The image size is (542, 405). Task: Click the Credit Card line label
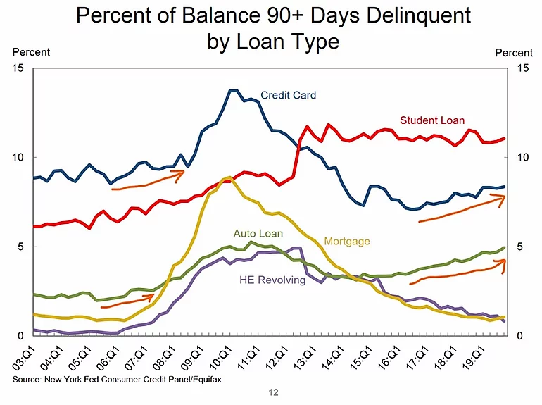click(288, 95)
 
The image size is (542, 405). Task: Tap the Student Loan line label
click(432, 120)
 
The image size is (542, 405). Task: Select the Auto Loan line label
click(258, 234)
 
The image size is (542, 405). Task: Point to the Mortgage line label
click(346, 242)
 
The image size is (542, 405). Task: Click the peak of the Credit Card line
click(233, 90)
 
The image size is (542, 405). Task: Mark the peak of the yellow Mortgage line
click(227, 177)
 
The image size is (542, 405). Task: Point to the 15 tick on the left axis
click(19, 68)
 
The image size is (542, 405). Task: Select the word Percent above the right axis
click(514, 53)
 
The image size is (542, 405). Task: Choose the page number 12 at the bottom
click(273, 393)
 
